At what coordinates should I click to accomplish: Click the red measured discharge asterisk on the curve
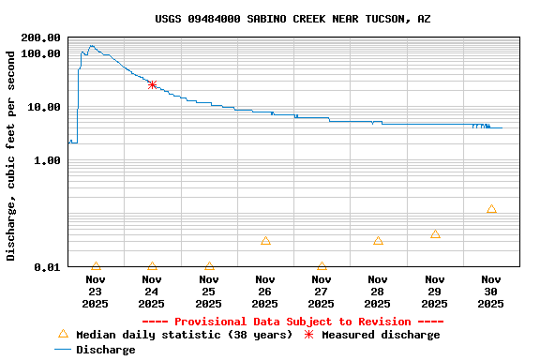[x=152, y=84]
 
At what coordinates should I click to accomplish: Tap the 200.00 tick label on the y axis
[x=40, y=37]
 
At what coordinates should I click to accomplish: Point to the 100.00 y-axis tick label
[x=40, y=53]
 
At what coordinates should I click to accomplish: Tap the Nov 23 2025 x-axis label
[x=96, y=291]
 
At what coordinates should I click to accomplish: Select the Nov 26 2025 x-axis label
[x=265, y=291]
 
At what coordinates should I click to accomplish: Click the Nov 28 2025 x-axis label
[x=378, y=291]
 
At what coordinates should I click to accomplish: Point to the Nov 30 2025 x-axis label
[x=491, y=291]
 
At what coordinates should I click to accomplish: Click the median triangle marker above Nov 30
[x=491, y=209]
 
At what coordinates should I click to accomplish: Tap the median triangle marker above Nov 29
[x=435, y=234]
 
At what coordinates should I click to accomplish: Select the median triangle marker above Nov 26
[x=265, y=241]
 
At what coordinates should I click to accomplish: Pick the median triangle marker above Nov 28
[x=378, y=241]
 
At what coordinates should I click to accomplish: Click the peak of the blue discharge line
[x=91, y=45]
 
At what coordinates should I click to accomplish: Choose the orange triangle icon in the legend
[x=63, y=334]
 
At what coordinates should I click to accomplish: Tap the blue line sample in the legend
[x=63, y=350]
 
